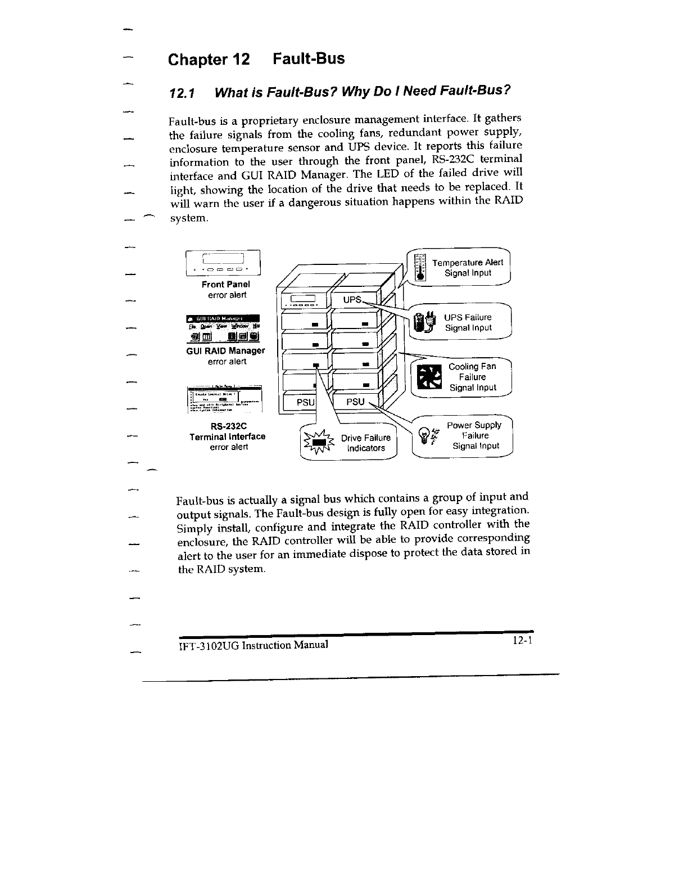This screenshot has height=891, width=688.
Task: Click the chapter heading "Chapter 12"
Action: pos(209,60)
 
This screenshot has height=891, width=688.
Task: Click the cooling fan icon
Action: pos(432,376)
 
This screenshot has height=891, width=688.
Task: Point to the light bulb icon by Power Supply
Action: pos(426,435)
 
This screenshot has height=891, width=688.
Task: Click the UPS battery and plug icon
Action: pos(424,323)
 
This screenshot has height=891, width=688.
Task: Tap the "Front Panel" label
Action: pos(225,285)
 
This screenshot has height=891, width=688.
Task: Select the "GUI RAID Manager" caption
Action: pos(225,351)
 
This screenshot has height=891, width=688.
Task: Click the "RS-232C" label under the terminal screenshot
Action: pos(228,426)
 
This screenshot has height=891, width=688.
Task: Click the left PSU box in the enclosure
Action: pos(306,403)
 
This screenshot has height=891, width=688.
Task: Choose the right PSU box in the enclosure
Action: pos(355,402)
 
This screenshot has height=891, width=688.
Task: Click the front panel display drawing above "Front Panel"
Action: pos(224,262)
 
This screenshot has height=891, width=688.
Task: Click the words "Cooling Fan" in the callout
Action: pos(472,367)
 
